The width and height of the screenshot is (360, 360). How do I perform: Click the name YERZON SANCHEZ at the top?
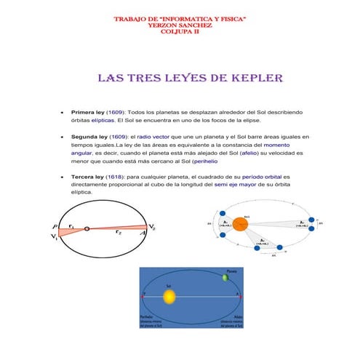click(x=180, y=24)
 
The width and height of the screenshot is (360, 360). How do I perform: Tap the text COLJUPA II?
click(x=180, y=31)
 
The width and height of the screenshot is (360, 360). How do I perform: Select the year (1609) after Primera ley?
click(x=120, y=113)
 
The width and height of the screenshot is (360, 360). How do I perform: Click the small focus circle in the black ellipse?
click(x=87, y=229)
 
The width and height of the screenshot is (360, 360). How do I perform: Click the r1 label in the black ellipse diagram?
click(x=71, y=225)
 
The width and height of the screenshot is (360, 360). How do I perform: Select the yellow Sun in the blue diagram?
click(x=169, y=297)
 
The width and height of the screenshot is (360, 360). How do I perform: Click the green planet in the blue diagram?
click(x=225, y=277)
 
